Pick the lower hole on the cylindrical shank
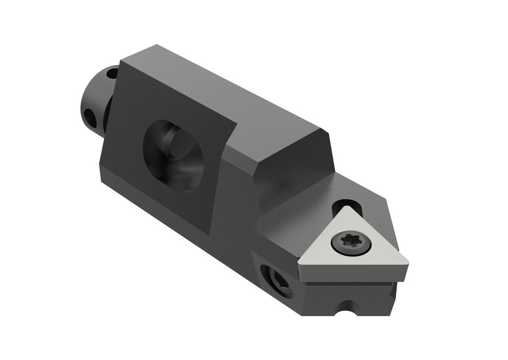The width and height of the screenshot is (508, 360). click(90, 117)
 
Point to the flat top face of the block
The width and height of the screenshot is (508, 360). click(223, 94)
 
